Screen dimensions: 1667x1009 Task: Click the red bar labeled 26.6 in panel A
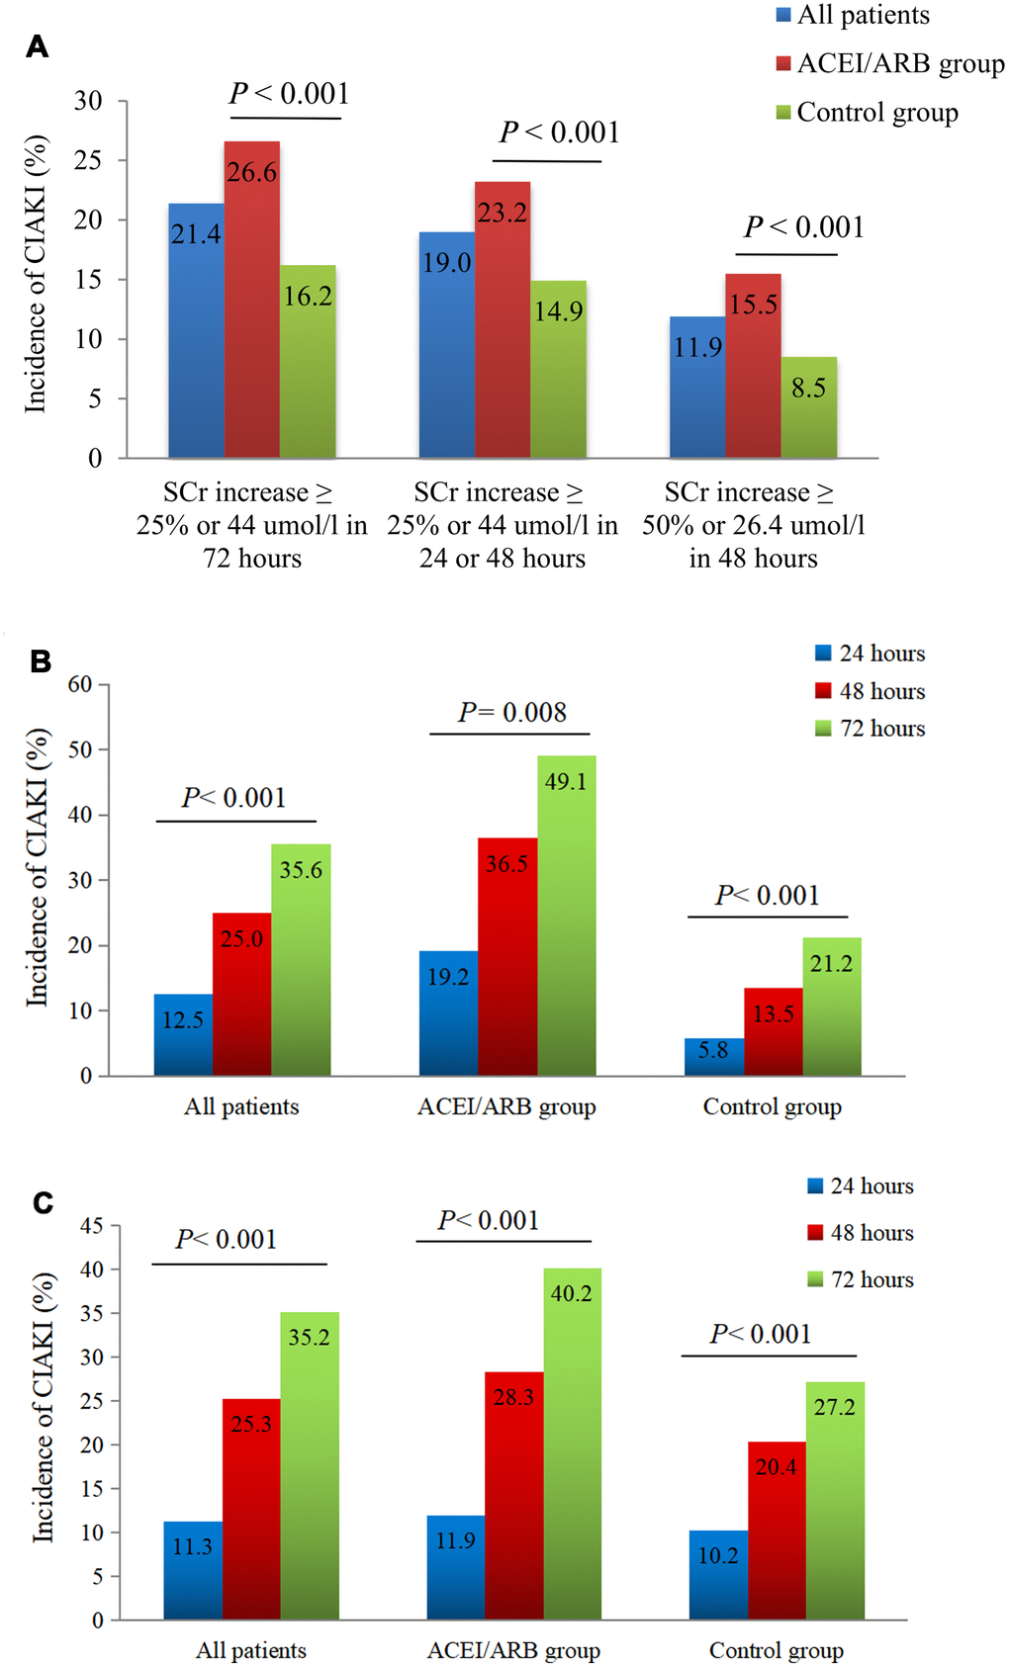(x=251, y=299)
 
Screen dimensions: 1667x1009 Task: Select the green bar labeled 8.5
(x=808, y=407)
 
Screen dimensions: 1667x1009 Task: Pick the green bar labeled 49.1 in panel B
(x=566, y=915)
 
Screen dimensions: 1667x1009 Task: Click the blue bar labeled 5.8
(x=713, y=1056)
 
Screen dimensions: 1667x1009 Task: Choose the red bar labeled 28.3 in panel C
(x=513, y=1495)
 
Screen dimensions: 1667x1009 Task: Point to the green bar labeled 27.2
(x=835, y=1500)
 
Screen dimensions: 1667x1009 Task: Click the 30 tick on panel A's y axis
(x=88, y=101)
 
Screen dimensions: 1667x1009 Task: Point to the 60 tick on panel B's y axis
(x=80, y=684)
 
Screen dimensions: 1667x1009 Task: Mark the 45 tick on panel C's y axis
(x=91, y=1226)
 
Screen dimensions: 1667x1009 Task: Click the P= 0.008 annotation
(x=512, y=712)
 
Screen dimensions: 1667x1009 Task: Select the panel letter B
(x=41, y=660)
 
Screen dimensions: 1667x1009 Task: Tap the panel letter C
(x=43, y=1202)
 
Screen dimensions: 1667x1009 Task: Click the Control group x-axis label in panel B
(x=772, y=1106)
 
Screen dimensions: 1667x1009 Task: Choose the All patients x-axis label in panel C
(x=251, y=1650)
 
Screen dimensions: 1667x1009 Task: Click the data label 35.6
(x=301, y=870)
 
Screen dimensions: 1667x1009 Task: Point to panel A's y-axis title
(x=36, y=274)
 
